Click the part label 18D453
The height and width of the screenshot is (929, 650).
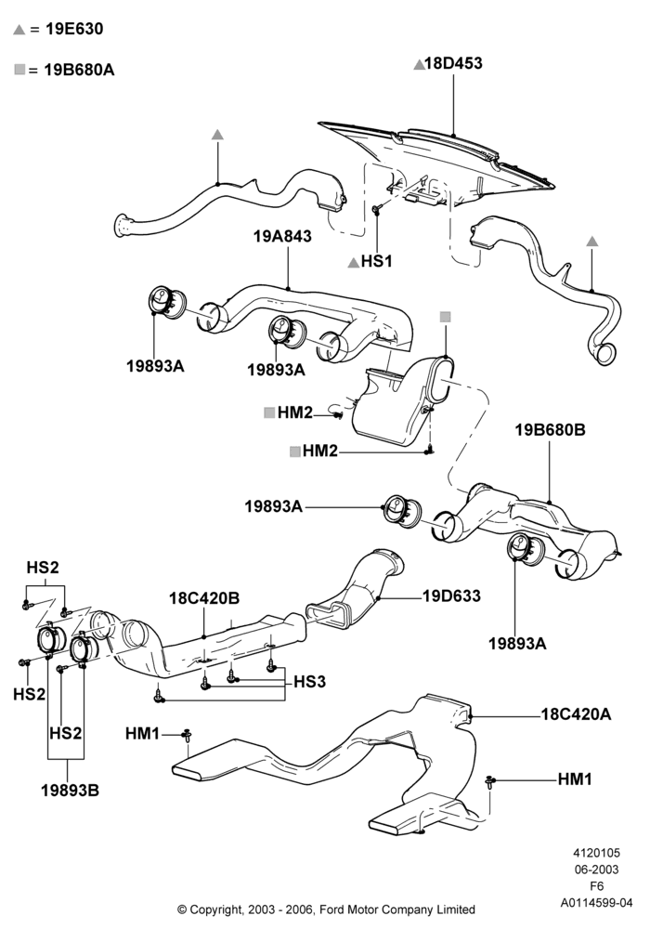point(453,63)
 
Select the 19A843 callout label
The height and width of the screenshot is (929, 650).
point(282,236)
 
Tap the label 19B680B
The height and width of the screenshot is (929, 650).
point(550,429)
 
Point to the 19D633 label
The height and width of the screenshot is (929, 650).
point(451,595)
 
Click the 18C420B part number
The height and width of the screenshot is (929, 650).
point(204,598)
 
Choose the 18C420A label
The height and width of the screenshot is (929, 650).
point(576,713)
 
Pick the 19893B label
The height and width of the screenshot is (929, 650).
point(70,790)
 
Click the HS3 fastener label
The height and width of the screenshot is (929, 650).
point(309,682)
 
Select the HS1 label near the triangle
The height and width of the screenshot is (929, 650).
point(376,261)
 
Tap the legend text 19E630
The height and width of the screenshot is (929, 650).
point(74,29)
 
